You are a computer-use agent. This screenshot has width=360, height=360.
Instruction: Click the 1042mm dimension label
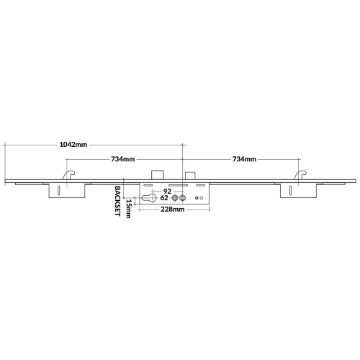click(73, 145)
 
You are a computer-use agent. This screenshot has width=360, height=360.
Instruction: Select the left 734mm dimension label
click(122, 159)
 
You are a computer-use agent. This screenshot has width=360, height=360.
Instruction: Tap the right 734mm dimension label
click(244, 159)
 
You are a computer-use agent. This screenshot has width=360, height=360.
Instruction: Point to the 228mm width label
click(173, 210)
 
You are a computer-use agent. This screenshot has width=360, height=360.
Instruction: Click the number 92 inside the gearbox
click(167, 192)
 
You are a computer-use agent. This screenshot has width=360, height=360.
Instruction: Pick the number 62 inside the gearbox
click(164, 198)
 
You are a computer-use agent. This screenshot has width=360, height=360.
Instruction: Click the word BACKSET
click(117, 201)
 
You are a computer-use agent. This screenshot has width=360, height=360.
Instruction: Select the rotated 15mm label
click(128, 209)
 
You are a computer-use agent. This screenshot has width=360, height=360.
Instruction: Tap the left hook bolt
click(68, 175)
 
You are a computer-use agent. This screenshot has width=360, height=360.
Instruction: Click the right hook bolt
click(300, 175)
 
